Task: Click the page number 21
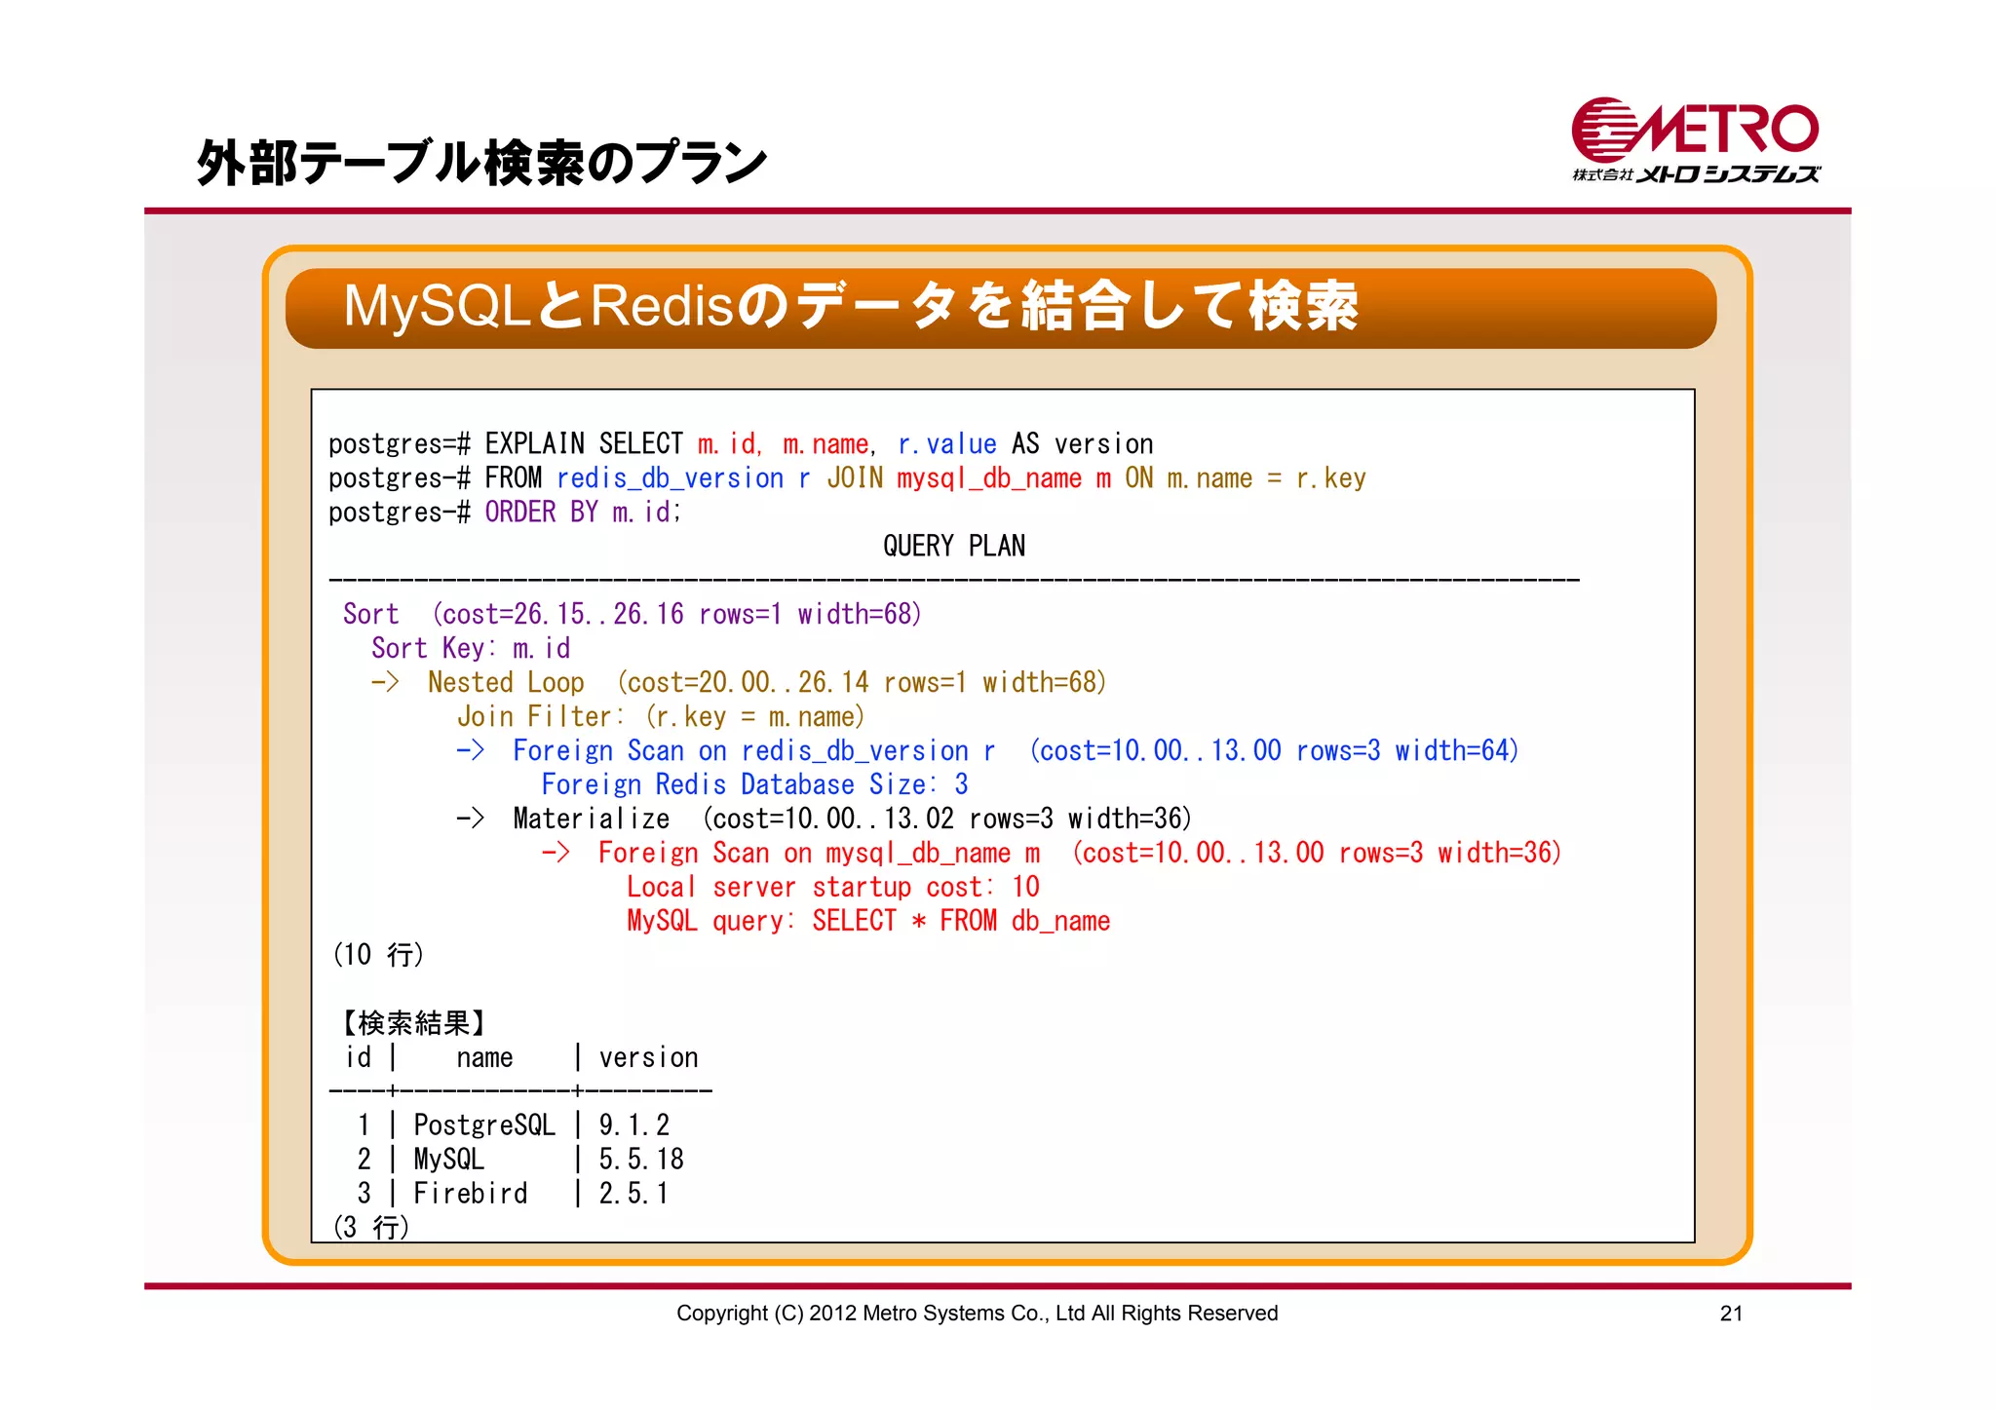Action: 1731,1314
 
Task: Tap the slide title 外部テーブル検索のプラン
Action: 481,163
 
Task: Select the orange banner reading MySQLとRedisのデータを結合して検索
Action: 1000,308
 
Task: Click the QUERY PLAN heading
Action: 953,547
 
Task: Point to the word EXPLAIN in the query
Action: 534,444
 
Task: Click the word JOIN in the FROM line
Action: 855,478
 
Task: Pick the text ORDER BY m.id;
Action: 582,513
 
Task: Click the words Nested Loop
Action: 506,683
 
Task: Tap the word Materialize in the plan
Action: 591,819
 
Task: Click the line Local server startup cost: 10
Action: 832,888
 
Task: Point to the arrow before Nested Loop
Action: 385,683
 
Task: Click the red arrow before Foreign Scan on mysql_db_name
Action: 556,854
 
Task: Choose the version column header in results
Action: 648,1058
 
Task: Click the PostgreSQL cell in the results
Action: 483,1125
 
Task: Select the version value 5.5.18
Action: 640,1160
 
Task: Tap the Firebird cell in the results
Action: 470,1194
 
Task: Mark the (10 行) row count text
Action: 378,955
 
